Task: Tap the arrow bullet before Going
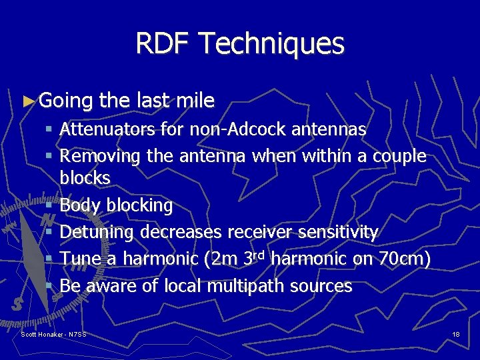click(27, 101)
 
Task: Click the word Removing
click(100, 156)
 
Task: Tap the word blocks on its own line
click(85, 178)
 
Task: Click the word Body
click(79, 205)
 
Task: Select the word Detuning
click(97, 232)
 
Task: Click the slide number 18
click(455, 334)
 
